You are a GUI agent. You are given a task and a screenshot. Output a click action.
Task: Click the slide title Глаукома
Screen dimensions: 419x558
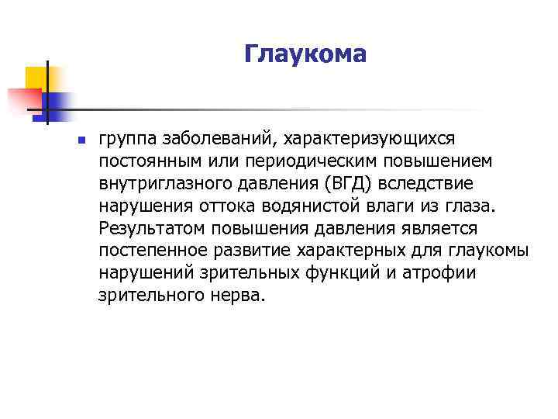[x=304, y=54]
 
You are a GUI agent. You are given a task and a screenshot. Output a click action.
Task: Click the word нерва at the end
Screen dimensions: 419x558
[x=242, y=296]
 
